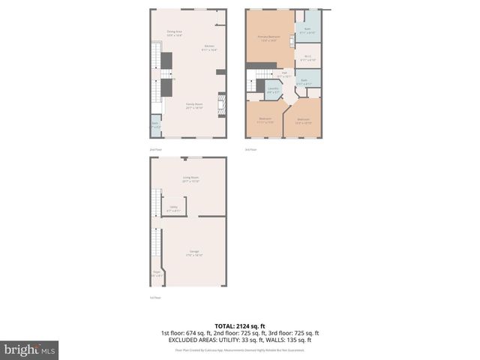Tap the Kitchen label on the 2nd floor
click(x=209, y=48)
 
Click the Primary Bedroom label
click(x=268, y=37)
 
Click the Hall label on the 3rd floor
click(x=284, y=75)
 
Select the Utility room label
click(x=172, y=208)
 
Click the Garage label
click(x=194, y=253)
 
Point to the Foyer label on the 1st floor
click(x=156, y=274)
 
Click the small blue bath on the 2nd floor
click(x=155, y=125)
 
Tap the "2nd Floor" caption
click(x=155, y=150)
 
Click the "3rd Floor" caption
click(x=250, y=150)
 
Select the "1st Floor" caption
click(x=155, y=298)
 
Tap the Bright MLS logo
click(x=30, y=349)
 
